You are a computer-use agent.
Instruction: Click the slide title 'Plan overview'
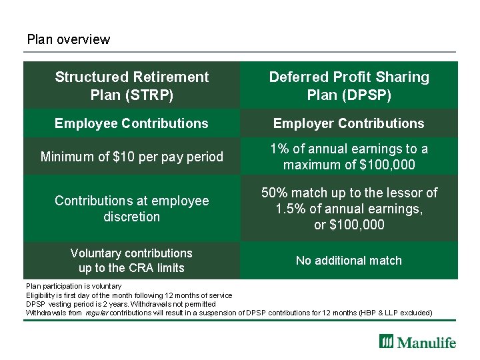pos(68,39)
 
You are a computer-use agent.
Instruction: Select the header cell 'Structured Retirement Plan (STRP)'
pos(131,86)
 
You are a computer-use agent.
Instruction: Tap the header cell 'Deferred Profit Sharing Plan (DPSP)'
pos(349,86)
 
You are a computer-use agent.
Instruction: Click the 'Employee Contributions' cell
pos(131,123)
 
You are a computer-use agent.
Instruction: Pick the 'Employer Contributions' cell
pos(349,123)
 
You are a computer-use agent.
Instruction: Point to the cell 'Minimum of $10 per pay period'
pos(131,157)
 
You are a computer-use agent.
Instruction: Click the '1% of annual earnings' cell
pos(349,157)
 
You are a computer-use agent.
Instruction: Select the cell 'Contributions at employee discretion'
pos(131,209)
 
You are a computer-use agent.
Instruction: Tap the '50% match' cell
pos(349,209)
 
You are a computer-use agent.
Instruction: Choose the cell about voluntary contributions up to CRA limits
pos(131,261)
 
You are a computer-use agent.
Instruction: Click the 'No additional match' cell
pos(349,261)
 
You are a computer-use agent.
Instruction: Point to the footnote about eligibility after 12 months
pos(129,295)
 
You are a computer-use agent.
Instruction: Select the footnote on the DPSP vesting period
pos(120,304)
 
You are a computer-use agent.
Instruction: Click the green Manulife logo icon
pos(387,342)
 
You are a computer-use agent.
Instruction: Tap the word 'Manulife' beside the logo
pos(427,343)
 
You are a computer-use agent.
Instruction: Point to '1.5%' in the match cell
pos(288,209)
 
